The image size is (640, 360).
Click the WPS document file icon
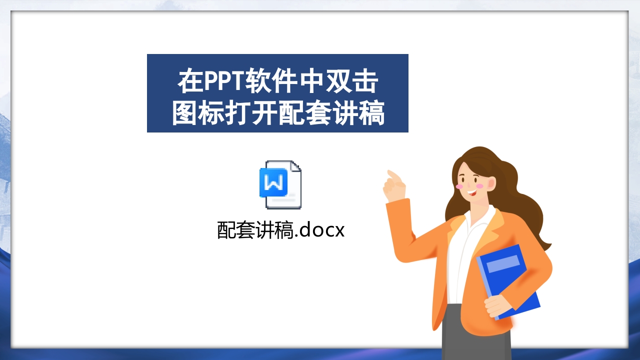click(280, 184)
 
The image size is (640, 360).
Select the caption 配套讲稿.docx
click(281, 230)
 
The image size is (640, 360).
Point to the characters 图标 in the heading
click(198, 114)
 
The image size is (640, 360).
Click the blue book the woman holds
click(510, 280)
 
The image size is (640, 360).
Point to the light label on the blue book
click(503, 263)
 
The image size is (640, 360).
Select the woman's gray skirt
click(475, 335)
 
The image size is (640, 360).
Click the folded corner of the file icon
click(295, 166)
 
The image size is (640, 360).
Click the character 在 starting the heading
click(190, 82)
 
